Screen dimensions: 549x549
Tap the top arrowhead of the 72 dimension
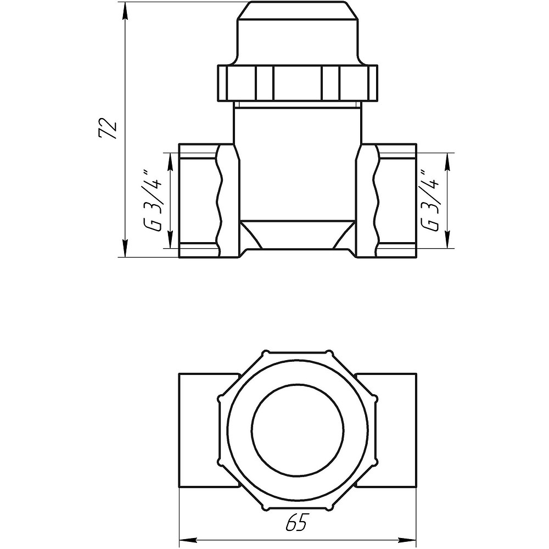125,8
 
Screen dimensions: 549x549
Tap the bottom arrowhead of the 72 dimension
125,251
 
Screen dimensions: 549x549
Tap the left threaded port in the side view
198,200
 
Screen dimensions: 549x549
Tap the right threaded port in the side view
396,200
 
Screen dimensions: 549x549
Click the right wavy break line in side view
376,200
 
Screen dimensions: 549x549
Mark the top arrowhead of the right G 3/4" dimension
448,159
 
